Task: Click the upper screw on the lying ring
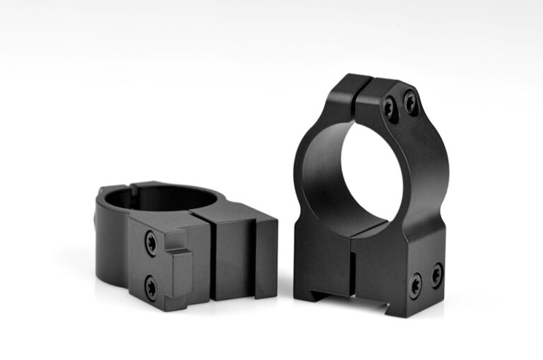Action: point(151,242)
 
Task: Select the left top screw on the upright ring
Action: point(390,108)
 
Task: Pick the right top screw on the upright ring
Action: point(410,102)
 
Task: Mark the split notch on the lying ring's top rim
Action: point(131,187)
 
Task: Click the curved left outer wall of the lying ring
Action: point(110,233)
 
